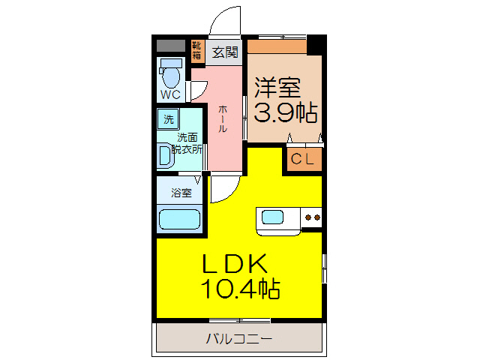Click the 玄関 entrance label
(x=224, y=52)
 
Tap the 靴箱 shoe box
(x=196, y=51)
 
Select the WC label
(x=171, y=95)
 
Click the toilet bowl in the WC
(x=172, y=76)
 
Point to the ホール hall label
(x=223, y=119)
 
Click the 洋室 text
(x=277, y=88)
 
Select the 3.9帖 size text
(x=286, y=113)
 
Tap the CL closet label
(x=302, y=158)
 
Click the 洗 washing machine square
(x=169, y=118)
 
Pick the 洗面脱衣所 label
(x=187, y=142)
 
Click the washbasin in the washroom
(x=165, y=155)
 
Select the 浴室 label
(x=181, y=193)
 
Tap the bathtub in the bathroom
(x=180, y=220)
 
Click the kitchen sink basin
(x=272, y=218)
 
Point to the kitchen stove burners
(x=311, y=218)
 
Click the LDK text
(x=233, y=263)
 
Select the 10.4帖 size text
(x=239, y=288)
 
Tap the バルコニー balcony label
(x=239, y=339)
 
